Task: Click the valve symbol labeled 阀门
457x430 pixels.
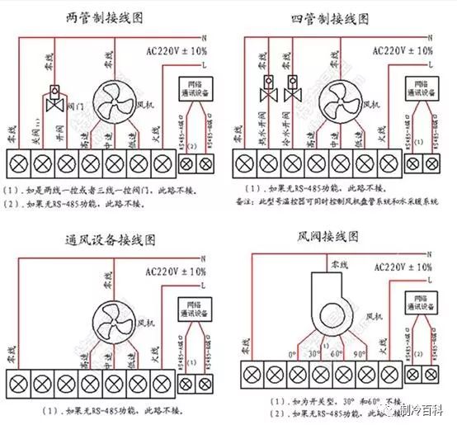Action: [57, 100]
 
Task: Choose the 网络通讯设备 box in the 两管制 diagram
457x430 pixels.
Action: [195, 87]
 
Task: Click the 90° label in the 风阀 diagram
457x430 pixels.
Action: [360, 355]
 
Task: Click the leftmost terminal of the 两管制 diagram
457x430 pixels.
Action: [17, 162]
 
